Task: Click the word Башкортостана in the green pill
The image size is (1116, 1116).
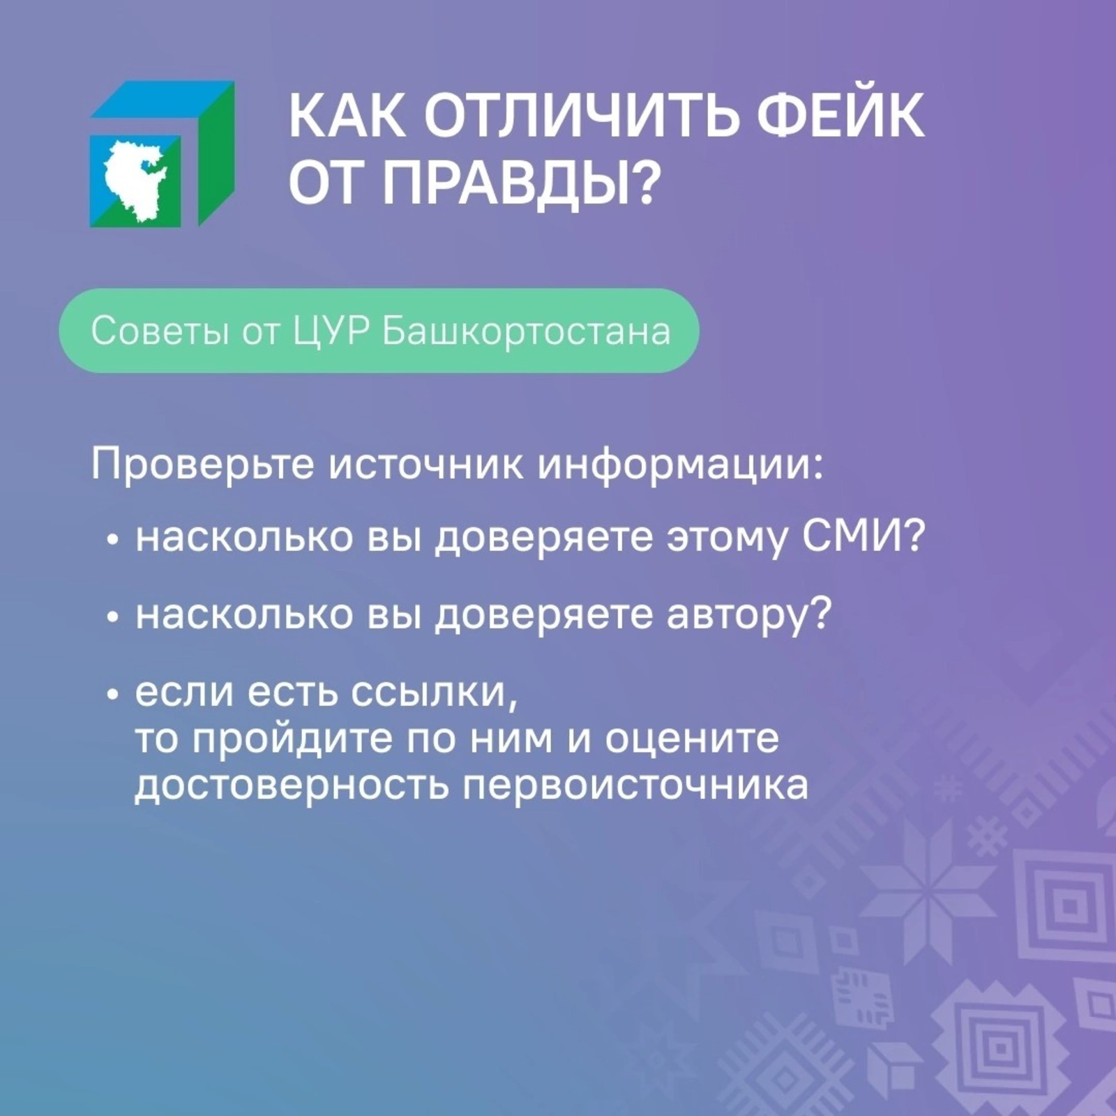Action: point(526,332)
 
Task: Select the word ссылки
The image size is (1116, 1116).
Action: point(435,693)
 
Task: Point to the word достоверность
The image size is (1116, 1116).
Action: point(292,787)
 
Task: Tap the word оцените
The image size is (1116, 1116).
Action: point(691,741)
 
